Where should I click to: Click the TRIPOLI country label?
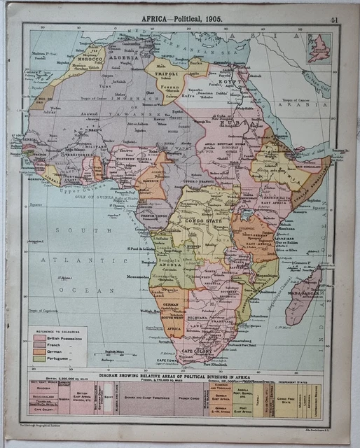coord(164,73)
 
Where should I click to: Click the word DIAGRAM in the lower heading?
coord(113,374)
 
